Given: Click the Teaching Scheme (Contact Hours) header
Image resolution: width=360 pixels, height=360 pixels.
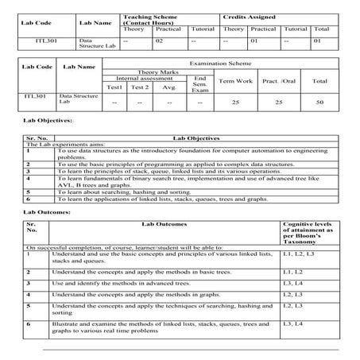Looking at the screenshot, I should (148, 19).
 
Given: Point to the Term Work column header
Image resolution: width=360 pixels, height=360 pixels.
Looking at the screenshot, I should (235, 81).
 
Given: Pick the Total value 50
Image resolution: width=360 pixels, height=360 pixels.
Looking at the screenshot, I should (319, 103).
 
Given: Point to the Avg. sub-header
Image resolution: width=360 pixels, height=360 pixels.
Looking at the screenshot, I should (168, 87).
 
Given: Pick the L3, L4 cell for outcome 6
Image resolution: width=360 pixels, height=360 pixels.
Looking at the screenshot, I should (293, 323).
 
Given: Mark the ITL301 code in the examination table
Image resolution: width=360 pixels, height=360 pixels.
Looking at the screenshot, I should (35, 95).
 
